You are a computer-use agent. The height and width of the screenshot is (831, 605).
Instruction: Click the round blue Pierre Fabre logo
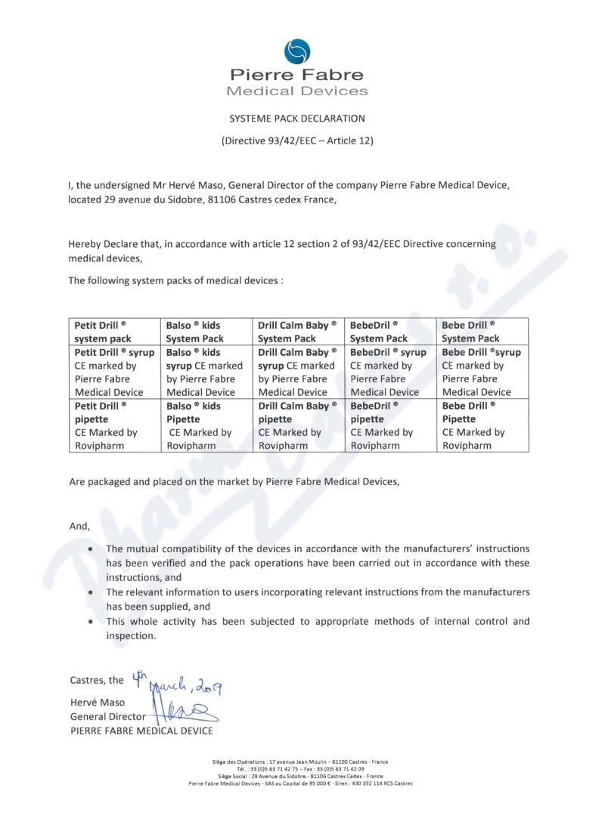(297, 51)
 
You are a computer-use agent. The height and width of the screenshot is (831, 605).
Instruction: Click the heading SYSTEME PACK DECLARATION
(297, 119)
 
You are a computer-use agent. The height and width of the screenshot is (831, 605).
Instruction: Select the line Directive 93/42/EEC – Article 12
(297, 141)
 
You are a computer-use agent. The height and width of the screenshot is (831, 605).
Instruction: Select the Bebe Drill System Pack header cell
(484, 332)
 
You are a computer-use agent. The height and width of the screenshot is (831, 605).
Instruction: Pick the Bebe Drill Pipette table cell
(484, 425)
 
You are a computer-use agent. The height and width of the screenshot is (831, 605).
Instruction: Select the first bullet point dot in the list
(92, 548)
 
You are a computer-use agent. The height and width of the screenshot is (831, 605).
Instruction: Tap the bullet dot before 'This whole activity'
(92, 622)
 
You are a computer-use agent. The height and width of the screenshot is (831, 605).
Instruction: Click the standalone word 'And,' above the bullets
(79, 526)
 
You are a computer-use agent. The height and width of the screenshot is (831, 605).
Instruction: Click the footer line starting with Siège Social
(300, 776)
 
